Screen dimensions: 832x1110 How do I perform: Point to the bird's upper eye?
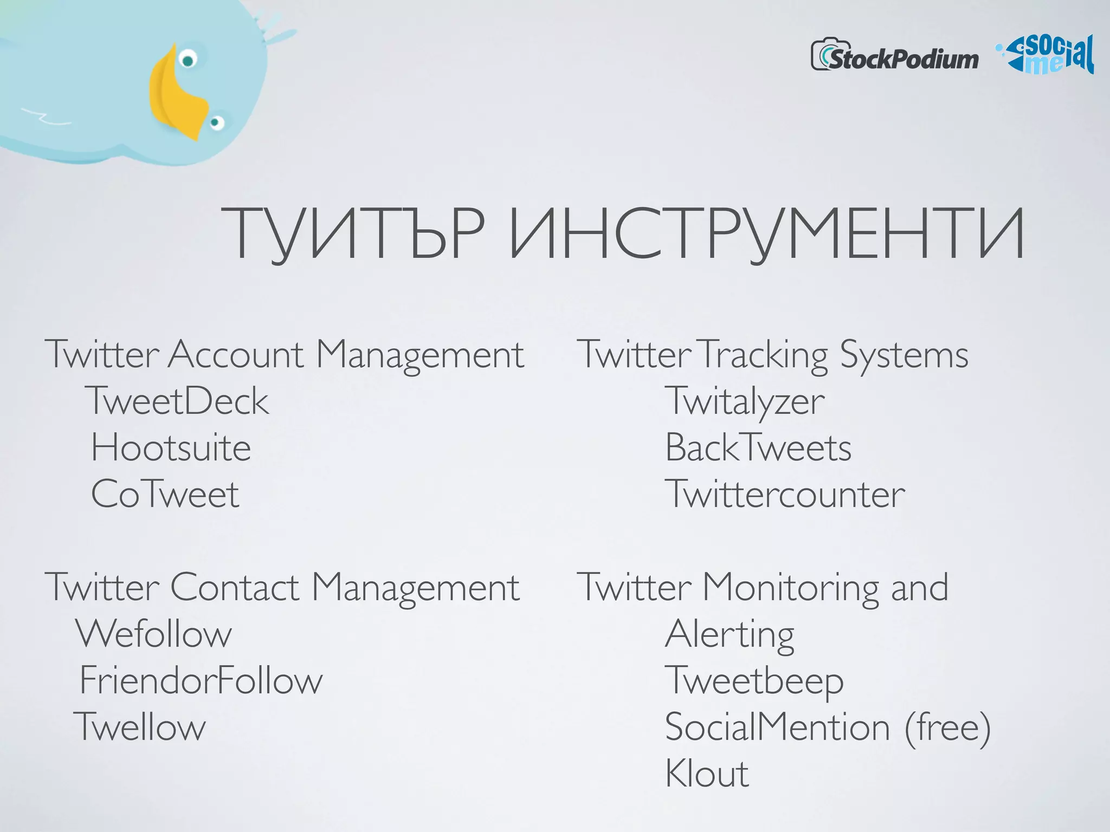(188, 60)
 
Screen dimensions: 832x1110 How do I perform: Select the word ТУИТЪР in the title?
(352, 234)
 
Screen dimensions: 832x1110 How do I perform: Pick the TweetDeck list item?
(177, 401)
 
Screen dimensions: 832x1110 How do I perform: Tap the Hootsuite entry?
(171, 448)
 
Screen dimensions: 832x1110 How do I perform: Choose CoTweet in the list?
(165, 494)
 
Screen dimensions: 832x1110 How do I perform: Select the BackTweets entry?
(758, 448)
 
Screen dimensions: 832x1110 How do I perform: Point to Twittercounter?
(785, 494)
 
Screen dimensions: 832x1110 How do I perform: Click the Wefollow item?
(153, 634)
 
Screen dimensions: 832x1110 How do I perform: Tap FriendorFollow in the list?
(201, 680)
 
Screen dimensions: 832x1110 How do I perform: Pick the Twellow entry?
(140, 727)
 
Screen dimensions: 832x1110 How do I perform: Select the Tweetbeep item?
(754, 681)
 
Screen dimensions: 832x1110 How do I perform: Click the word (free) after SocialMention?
(947, 727)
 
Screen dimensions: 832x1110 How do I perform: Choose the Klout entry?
(707, 773)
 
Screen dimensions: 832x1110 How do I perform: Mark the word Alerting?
(730, 635)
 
